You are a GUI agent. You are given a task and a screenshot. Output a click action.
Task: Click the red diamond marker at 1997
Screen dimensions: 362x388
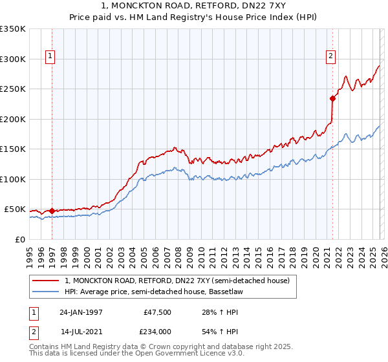52,211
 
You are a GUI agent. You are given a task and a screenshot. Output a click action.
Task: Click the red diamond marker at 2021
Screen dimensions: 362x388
332,98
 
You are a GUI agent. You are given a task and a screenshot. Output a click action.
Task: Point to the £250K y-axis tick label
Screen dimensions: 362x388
13,89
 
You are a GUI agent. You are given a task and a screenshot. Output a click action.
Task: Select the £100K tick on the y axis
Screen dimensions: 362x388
13,179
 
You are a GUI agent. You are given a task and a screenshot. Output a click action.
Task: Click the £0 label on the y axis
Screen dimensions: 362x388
19,239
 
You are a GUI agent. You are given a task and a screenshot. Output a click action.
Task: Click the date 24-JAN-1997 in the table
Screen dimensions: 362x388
81,312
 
